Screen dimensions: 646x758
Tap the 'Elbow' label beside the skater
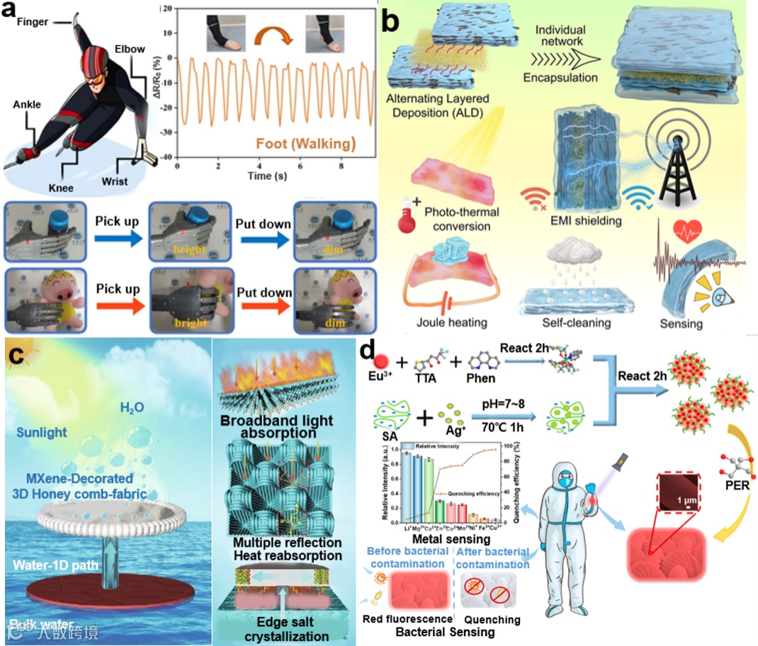pyautogui.click(x=130, y=50)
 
